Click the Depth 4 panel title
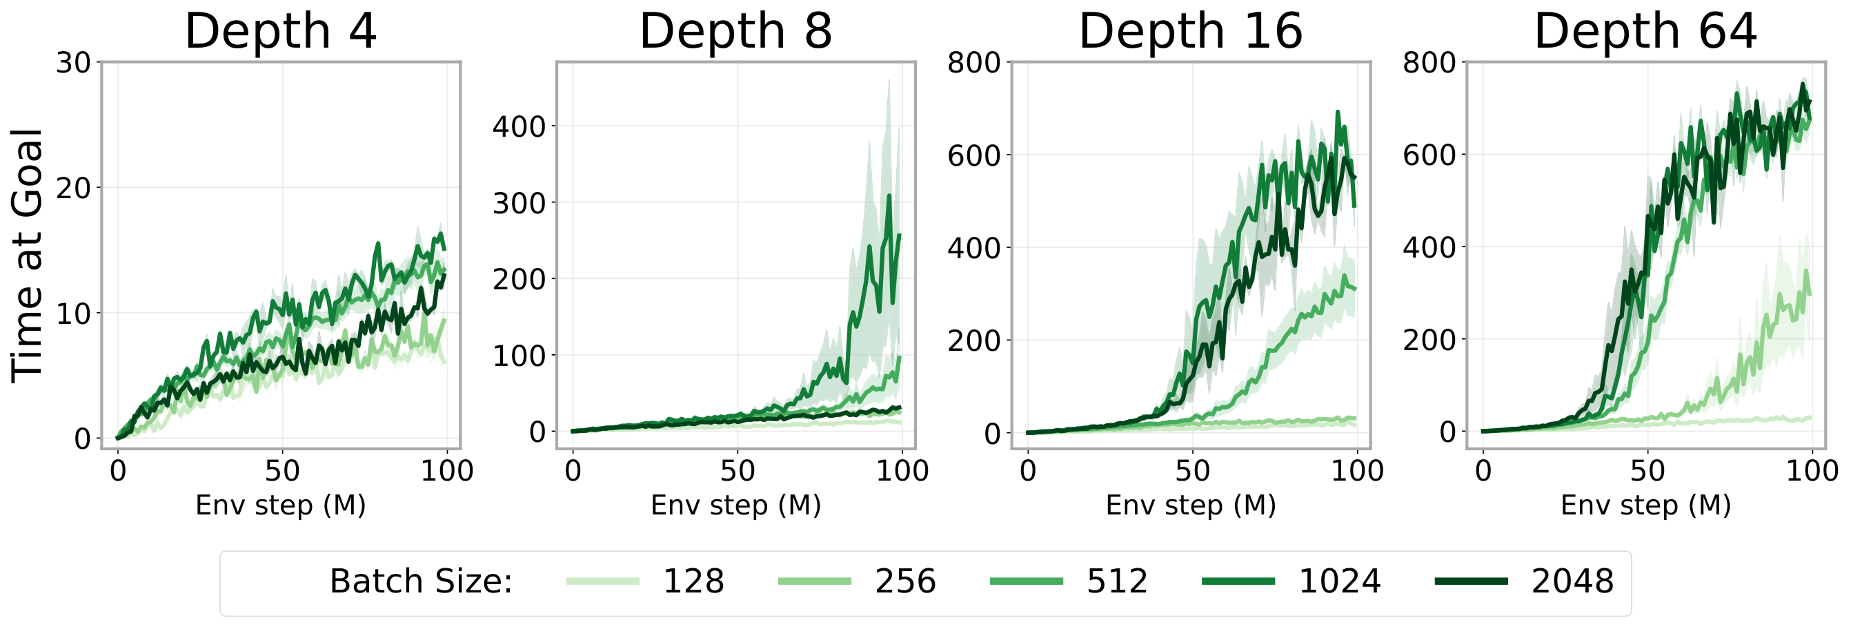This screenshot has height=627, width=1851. (280, 32)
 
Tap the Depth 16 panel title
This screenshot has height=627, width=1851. (1190, 32)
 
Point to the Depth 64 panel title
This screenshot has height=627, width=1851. (1645, 32)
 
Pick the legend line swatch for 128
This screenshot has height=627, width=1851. (602, 581)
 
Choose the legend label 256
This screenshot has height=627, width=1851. (904, 581)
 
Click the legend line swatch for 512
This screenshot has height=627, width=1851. (1025, 581)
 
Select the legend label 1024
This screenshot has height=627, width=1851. (1339, 581)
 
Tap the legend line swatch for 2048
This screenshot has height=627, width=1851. (1471, 581)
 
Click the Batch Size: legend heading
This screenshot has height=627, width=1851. (421, 581)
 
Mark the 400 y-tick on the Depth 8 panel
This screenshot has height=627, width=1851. (519, 126)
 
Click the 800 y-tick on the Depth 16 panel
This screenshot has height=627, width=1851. (973, 64)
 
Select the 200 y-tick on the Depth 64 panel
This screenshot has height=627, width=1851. (1429, 340)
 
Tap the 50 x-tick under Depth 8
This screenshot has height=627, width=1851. (738, 471)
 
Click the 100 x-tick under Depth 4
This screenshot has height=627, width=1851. (446, 471)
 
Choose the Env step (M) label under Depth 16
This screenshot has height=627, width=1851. (1190, 505)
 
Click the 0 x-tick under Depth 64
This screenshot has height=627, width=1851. (1483, 471)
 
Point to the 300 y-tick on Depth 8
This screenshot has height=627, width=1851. (519, 203)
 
